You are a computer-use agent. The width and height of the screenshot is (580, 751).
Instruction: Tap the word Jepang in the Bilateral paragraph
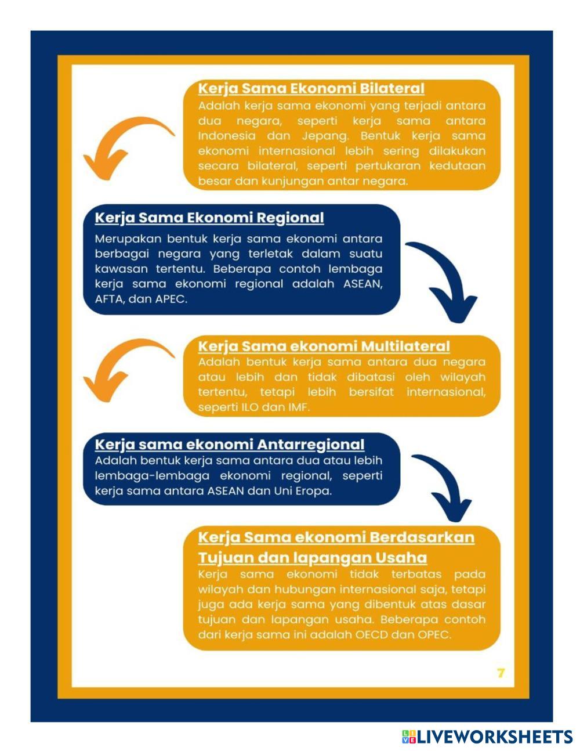(x=325, y=136)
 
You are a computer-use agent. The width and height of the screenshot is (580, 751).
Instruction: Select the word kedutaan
(x=457, y=166)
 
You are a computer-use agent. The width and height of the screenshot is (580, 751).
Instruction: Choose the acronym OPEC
(x=434, y=635)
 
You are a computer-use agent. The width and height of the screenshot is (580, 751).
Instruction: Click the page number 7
(x=501, y=673)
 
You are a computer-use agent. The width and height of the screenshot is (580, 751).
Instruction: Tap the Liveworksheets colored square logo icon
(x=409, y=737)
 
